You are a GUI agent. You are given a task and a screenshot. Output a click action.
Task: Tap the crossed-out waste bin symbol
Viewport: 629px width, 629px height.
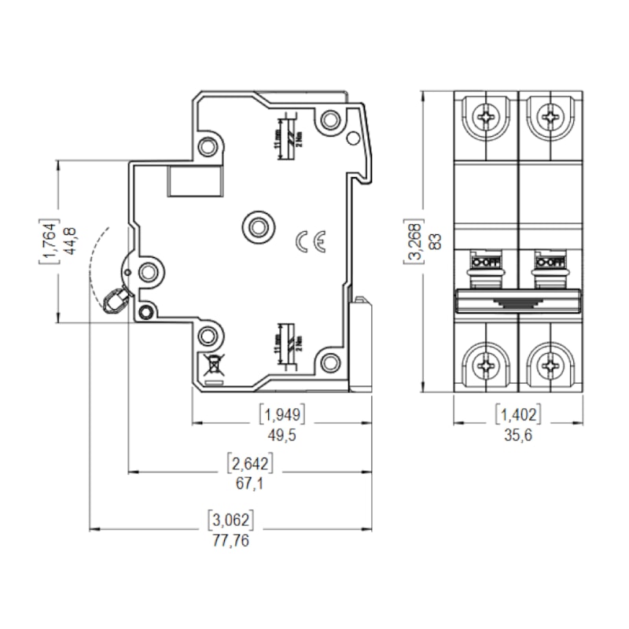pos(212,363)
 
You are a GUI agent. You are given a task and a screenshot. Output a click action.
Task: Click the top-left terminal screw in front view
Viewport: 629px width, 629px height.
pos(487,117)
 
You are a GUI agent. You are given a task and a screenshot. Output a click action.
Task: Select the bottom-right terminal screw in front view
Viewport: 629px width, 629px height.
pos(549,364)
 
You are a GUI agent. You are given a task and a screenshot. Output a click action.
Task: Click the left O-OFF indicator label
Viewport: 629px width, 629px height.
pos(486,260)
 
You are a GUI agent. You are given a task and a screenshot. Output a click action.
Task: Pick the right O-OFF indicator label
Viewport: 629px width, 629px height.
pos(549,260)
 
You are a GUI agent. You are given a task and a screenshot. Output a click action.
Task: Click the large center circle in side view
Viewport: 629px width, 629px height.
pos(256,226)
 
